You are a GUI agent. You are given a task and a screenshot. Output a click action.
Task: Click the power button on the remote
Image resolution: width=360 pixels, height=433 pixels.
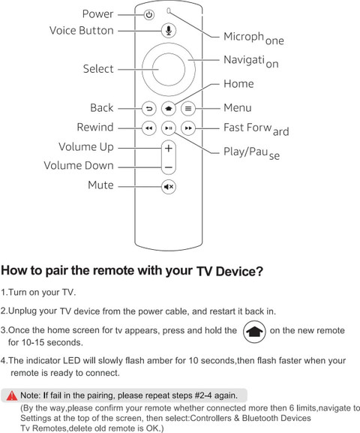pos(149,15)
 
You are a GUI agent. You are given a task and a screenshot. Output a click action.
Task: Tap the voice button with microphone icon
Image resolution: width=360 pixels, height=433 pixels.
pos(169,30)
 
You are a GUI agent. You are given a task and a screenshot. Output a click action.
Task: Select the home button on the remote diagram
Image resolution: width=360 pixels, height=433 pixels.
pos(169,109)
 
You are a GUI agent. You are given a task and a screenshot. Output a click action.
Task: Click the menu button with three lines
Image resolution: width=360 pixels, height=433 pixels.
pos(188,109)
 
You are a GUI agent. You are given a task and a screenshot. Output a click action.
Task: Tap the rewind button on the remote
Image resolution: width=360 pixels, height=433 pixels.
pos(149,128)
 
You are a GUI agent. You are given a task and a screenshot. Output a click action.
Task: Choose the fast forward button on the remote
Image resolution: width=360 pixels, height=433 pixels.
pos(188,128)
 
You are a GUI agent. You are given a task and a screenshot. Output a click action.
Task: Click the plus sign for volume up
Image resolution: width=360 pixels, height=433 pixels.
pos(169,149)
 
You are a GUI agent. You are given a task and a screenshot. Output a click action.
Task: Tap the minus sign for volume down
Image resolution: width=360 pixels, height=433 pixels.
pos(169,167)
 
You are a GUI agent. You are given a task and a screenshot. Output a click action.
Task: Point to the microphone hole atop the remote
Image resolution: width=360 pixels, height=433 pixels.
pos(169,11)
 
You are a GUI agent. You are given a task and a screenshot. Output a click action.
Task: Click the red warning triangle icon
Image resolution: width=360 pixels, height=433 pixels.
pos(11,395)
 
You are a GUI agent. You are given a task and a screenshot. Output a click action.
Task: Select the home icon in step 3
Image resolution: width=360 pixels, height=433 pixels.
pos(254,332)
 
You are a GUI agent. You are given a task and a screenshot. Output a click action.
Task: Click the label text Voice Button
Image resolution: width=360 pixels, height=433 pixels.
pos(82,30)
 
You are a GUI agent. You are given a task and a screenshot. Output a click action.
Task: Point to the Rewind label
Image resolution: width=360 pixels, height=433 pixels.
pos(95,127)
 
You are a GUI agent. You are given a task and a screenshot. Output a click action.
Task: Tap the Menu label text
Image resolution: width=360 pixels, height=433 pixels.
pos(238,108)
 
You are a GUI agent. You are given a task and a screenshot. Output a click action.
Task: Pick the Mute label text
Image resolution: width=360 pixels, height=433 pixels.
pos(100,185)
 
